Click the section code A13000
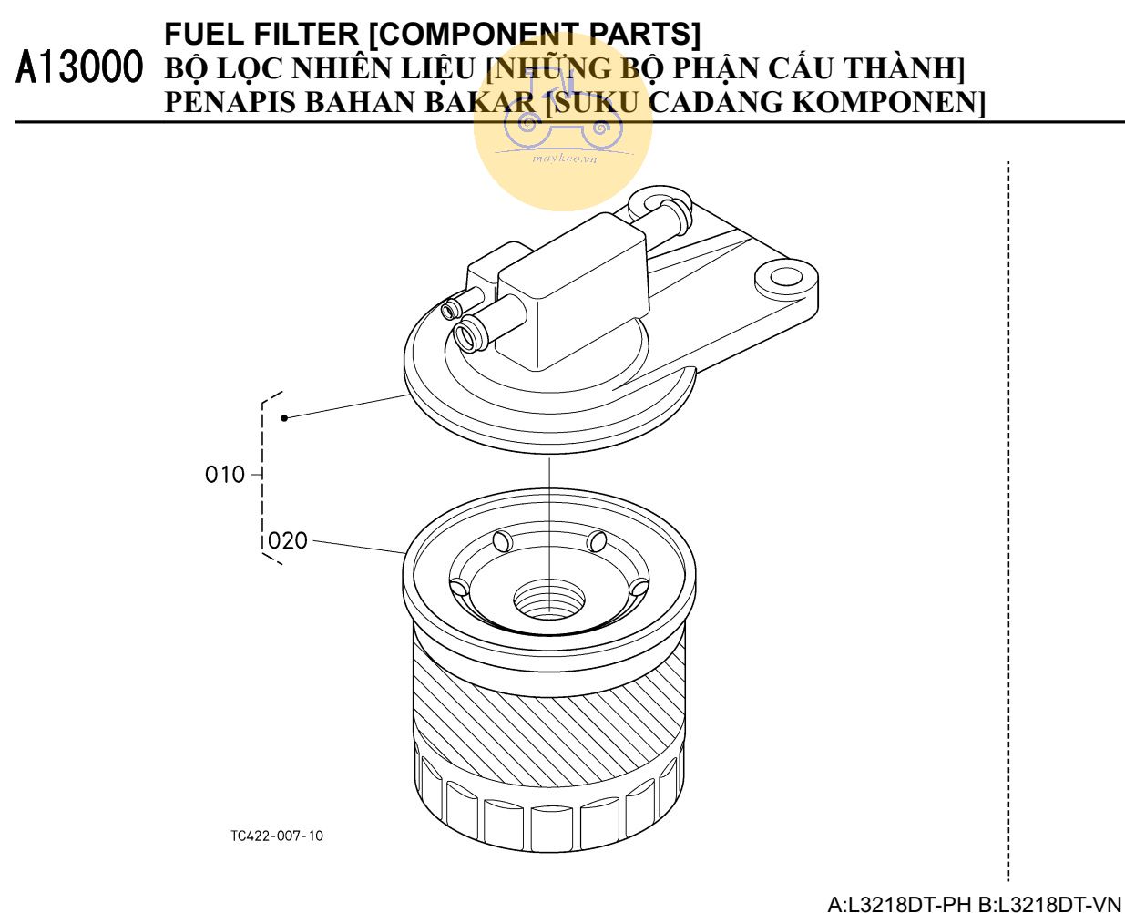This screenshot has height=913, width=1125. (79, 67)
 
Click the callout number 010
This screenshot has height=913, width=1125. (225, 475)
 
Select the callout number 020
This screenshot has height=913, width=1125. (287, 540)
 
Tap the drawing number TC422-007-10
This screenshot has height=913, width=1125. (277, 836)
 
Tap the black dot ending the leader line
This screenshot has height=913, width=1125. (284, 418)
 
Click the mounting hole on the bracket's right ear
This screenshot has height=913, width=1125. (786, 277)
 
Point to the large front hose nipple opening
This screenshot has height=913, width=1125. (469, 337)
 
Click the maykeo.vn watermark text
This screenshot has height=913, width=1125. (565, 158)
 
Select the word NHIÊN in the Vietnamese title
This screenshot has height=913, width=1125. (343, 68)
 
